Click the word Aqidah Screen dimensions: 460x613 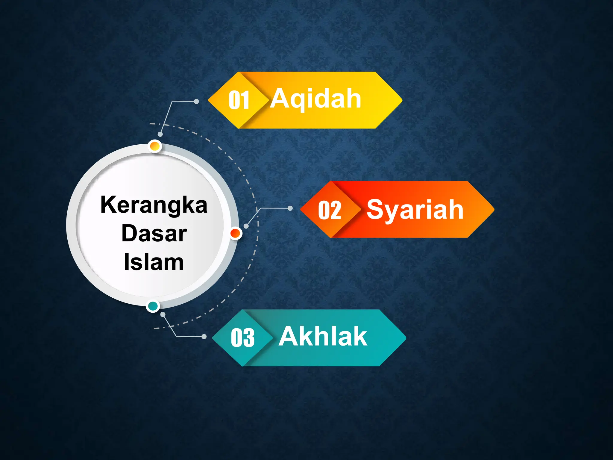click(316, 99)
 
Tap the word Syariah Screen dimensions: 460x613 click(415, 210)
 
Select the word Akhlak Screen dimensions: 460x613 click(323, 337)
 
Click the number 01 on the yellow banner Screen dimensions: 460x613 click(239, 100)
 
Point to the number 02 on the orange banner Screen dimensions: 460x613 click(330, 210)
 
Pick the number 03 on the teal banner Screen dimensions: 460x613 click(243, 338)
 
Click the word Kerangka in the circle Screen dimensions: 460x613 click(154, 205)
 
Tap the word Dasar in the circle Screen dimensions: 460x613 click(154, 234)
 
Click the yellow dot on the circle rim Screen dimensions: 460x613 click(154, 146)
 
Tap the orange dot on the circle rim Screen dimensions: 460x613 click(236, 233)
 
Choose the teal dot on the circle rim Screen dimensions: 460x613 click(153, 306)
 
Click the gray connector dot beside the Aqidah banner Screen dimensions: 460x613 click(196, 102)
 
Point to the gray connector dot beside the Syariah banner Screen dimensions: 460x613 click(290, 208)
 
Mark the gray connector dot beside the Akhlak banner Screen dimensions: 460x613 click(204, 337)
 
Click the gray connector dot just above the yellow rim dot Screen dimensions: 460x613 click(160, 134)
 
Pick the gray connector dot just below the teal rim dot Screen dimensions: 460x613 click(163, 314)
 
